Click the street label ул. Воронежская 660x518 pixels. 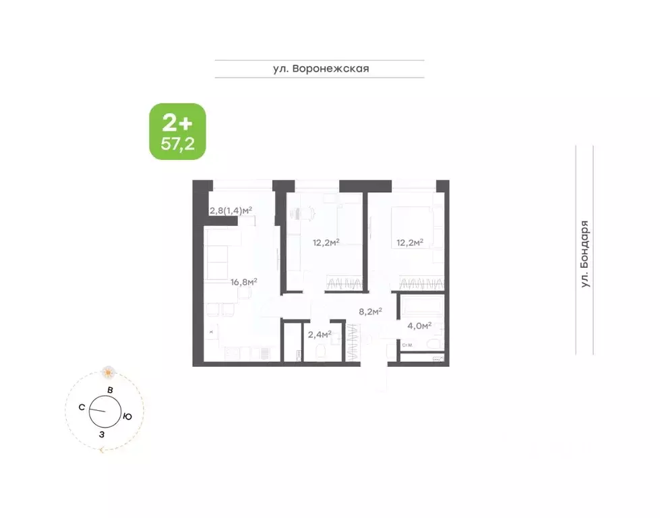tap(320, 68)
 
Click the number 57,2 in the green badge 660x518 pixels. tap(177, 143)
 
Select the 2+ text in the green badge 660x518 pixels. tap(177, 122)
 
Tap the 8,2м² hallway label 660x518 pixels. tap(370, 312)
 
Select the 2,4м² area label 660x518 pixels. tap(320, 333)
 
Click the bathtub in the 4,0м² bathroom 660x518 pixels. tap(420, 308)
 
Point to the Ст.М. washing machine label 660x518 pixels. tap(407, 346)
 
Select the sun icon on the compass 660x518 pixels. tap(108, 372)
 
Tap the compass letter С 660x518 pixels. tap(82, 407)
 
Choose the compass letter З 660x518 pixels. tap(102, 434)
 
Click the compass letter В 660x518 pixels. tap(109, 391)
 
